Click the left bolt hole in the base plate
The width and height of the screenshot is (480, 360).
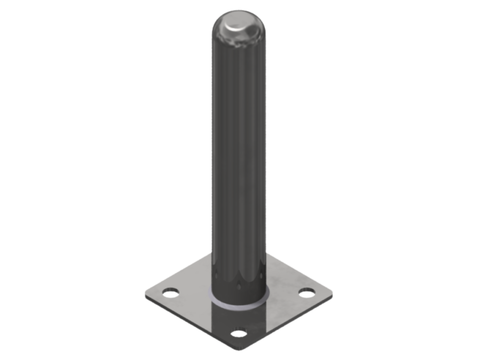[x=171, y=293]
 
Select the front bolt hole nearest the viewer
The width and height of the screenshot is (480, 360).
[x=240, y=333]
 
